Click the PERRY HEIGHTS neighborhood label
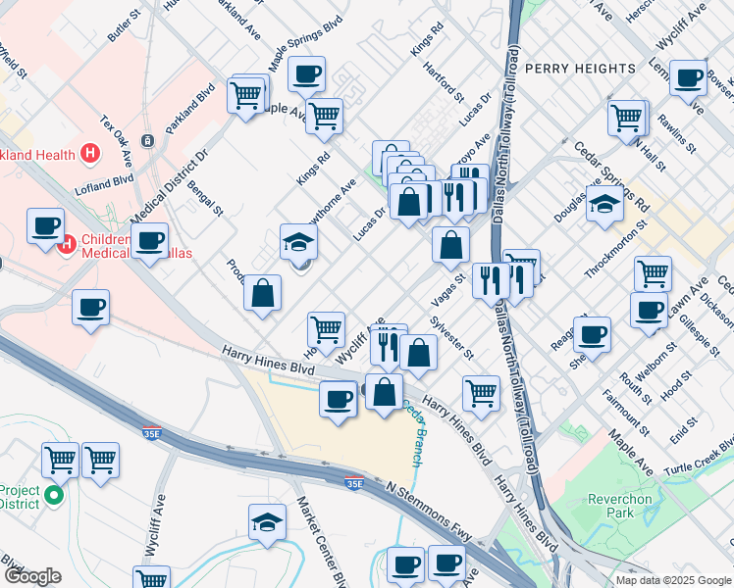580,69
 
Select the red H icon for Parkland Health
90,153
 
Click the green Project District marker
55,495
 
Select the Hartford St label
444,82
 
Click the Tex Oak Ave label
116,139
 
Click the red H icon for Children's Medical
69,243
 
